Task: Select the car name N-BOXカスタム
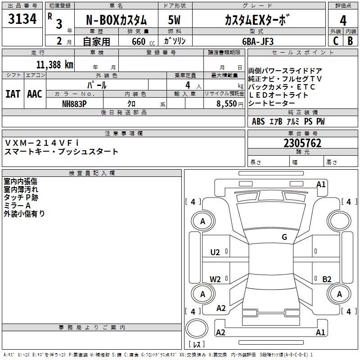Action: [x=116, y=20]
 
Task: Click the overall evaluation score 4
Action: [x=343, y=20]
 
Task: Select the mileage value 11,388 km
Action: [x=55, y=64]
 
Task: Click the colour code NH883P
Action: [x=75, y=103]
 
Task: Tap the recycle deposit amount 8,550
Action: [x=227, y=103]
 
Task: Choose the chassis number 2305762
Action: [x=302, y=143]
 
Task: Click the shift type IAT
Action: [x=13, y=94]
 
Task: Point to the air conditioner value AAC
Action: [x=35, y=94]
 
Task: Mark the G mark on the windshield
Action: [x=284, y=237]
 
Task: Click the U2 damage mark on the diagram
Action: [x=216, y=252]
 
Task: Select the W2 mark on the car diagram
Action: [x=216, y=279]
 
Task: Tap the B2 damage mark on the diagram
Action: [x=327, y=279]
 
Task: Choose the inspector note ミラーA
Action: [x=17, y=205]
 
